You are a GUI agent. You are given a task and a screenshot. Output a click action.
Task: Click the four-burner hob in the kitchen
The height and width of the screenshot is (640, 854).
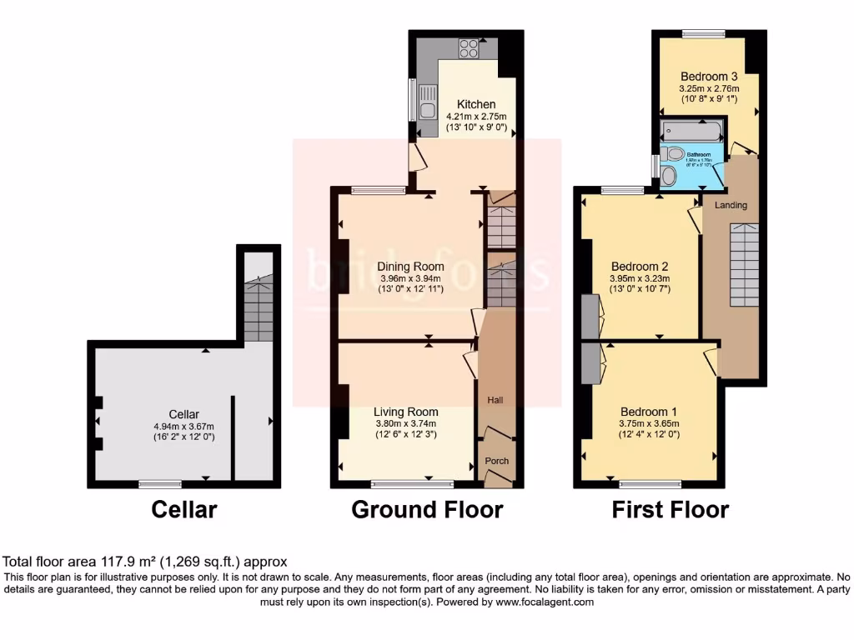pyautogui.click(x=469, y=47)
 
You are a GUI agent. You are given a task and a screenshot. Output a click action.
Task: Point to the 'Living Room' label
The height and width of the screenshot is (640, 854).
pyautogui.click(x=405, y=412)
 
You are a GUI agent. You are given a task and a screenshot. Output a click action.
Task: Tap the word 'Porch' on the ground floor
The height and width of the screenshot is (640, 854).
pyautogui.click(x=496, y=461)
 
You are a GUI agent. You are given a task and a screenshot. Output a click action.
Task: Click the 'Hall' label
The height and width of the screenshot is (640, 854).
pyautogui.click(x=495, y=401)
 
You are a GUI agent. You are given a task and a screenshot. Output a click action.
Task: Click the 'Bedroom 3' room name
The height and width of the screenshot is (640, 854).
pyautogui.click(x=709, y=76)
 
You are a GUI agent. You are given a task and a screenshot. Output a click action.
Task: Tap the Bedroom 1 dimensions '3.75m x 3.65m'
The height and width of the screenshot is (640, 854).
pyautogui.click(x=643, y=423)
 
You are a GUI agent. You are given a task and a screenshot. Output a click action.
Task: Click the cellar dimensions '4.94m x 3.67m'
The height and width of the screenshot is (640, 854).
pyautogui.click(x=183, y=426)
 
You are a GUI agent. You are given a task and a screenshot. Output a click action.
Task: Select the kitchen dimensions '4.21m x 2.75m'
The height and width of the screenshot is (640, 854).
pyautogui.click(x=476, y=117)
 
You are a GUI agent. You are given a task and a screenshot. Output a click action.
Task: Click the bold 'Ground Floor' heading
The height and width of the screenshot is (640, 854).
pyautogui.click(x=427, y=509)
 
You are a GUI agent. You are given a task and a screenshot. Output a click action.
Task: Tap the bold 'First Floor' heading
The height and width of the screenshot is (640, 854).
pyautogui.click(x=671, y=509)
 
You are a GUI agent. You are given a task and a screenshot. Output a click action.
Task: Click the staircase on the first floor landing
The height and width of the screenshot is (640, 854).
pyautogui.click(x=744, y=264)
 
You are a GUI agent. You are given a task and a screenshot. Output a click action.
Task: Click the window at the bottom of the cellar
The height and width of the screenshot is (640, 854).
pyautogui.click(x=160, y=483)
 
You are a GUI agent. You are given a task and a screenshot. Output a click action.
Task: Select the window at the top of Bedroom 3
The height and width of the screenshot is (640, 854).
pyautogui.click(x=703, y=33)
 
